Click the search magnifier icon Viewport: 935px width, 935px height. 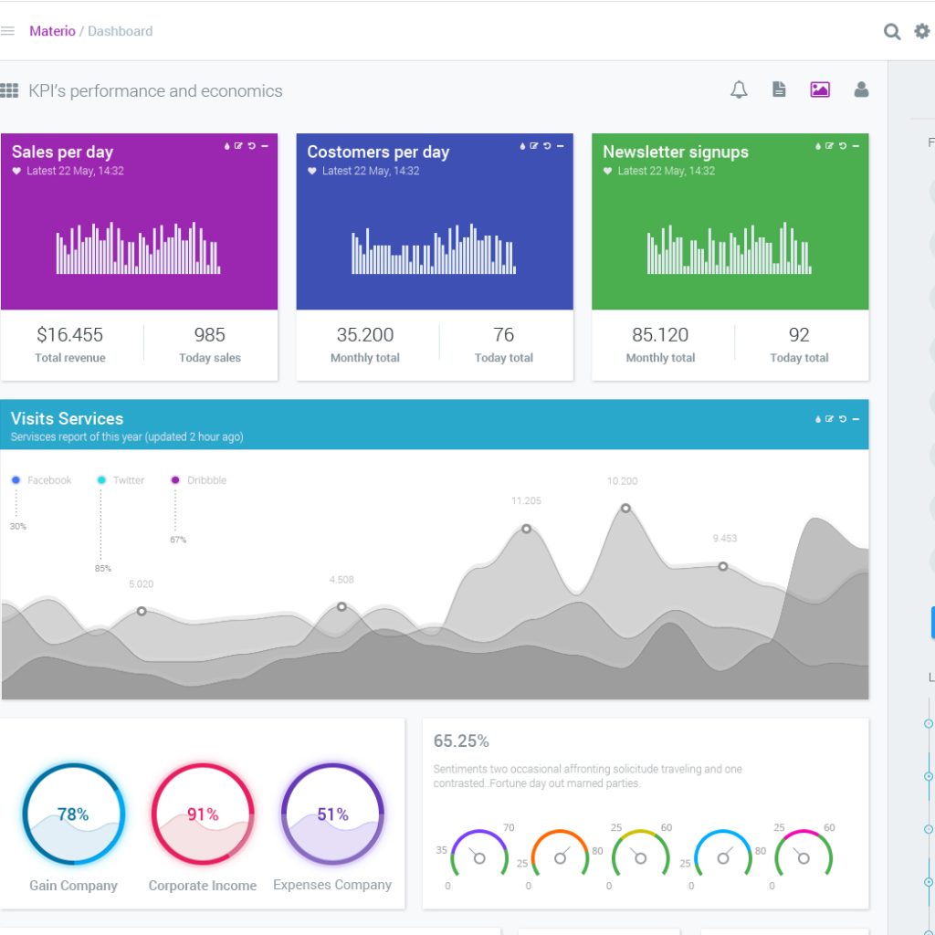click(x=892, y=32)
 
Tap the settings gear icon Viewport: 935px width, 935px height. click(x=921, y=31)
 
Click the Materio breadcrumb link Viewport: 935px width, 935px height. click(x=52, y=31)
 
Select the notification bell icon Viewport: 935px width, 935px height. click(x=739, y=89)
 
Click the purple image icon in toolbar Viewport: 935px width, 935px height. click(x=820, y=89)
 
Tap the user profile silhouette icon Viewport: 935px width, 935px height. click(x=861, y=89)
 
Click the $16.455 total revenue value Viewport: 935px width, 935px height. click(x=70, y=335)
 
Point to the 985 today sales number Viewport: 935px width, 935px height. click(x=209, y=335)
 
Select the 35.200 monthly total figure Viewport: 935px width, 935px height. click(x=365, y=335)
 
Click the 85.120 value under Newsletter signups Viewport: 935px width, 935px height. click(x=660, y=335)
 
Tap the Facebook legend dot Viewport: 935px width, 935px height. click(x=16, y=480)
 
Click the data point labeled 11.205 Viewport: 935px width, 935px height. click(x=527, y=529)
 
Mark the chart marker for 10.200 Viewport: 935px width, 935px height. click(x=625, y=509)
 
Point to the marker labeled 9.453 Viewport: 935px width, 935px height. click(x=723, y=567)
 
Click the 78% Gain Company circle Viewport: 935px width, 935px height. click(x=73, y=814)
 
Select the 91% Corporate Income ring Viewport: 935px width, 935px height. click(x=203, y=814)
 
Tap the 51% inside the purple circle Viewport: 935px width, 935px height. click(x=332, y=814)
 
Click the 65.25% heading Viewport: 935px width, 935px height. click(x=461, y=741)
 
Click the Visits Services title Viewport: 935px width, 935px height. click(x=67, y=419)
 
